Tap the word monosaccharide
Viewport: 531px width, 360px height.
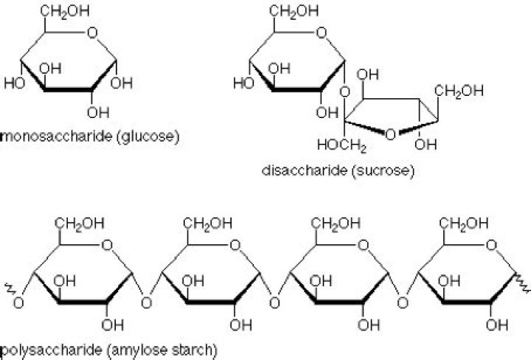coord(57,136)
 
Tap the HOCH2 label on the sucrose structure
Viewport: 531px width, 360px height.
coord(342,145)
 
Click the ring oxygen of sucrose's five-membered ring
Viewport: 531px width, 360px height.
coord(390,135)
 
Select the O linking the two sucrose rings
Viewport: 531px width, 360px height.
coord(344,91)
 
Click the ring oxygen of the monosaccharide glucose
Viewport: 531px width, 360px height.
coord(92,33)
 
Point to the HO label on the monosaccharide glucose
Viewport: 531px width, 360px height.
coord(15,83)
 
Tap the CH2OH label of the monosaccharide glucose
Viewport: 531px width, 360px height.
coord(65,11)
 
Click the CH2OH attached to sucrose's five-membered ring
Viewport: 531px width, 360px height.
coord(459,91)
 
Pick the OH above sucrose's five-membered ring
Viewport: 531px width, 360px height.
coord(367,75)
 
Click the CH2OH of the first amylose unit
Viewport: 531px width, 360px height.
coord(80,224)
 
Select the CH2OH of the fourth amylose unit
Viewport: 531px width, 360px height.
coord(464,224)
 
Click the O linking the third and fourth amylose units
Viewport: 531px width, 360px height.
coord(403,302)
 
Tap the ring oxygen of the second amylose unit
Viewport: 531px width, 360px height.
coord(235,245)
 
